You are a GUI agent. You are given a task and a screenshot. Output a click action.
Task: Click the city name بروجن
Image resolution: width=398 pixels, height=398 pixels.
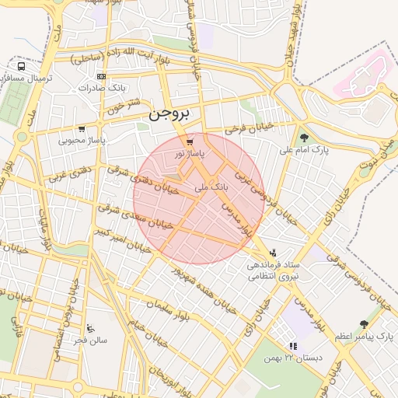pyautogui.click(x=169, y=114)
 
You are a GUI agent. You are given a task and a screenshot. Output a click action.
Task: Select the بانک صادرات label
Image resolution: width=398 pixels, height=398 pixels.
pyautogui.click(x=103, y=88)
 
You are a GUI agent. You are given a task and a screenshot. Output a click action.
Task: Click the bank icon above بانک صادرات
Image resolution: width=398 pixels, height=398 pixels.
pyautogui.click(x=101, y=76)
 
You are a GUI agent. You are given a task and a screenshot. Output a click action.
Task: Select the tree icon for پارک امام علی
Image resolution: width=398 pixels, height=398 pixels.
pyautogui.click(x=304, y=138)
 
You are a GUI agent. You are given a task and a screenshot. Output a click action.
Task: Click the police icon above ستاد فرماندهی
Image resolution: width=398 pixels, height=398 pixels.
pyautogui.click(x=273, y=253)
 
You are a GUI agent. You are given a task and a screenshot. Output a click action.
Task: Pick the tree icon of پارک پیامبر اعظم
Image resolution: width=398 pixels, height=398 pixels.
pyautogui.click(x=364, y=323)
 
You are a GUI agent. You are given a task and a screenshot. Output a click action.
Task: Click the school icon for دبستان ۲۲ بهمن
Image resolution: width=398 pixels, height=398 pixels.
pyautogui.click(x=292, y=346)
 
